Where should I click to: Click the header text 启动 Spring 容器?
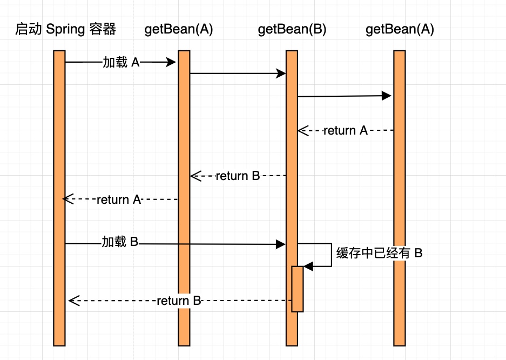coord(65,30)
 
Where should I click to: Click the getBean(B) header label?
coord(292,30)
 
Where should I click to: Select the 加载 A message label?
coord(121,63)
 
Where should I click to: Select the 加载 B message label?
coord(120,242)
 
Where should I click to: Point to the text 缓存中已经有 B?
coord(379,253)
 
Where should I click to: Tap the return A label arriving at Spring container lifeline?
coord(120,199)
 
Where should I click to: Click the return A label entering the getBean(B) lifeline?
coord(345,130)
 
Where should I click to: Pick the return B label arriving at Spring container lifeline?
coord(179,301)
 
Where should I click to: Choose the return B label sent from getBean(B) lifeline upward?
coord(238,176)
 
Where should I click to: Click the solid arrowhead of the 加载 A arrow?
coord(172,63)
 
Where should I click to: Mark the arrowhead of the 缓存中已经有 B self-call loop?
coord(308,266)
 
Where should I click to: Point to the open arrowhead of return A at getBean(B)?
coord(302,130)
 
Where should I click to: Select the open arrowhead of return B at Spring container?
coord(74,301)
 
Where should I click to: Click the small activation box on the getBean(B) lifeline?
coord(298,289)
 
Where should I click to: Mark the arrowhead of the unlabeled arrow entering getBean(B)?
coord(281,74)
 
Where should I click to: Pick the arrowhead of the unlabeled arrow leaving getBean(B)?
coord(387,96)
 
